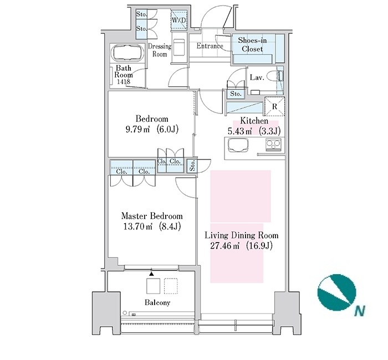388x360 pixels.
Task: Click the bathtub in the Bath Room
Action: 127,53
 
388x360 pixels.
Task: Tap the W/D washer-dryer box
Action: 179,19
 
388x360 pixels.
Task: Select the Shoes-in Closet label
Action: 252,44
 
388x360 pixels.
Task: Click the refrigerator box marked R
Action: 275,106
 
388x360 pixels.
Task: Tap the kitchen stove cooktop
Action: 273,145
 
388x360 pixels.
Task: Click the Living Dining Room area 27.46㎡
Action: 224,246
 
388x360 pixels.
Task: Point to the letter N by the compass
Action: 360,311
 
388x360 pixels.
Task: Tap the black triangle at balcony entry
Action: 151,274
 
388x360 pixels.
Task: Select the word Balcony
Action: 157,302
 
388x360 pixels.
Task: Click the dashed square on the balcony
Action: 171,286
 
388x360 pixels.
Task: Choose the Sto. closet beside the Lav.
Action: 236,94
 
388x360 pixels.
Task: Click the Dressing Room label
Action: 160,50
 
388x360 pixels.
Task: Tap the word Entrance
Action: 210,46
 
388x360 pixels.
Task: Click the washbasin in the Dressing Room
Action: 179,47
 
